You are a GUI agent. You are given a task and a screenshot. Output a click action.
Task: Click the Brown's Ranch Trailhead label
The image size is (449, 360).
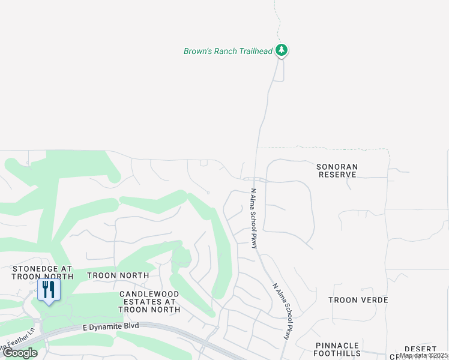point(228,51)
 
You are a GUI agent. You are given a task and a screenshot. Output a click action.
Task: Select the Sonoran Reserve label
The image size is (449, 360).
point(337,170)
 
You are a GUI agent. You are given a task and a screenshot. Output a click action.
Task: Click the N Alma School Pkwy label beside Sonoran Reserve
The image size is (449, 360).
point(254,218)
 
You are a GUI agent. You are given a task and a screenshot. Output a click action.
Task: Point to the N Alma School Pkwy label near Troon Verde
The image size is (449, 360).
point(281,311)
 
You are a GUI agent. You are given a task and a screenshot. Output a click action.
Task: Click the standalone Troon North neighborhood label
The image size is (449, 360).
point(118,275)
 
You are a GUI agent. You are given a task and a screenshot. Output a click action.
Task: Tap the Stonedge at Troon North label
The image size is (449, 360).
point(42,273)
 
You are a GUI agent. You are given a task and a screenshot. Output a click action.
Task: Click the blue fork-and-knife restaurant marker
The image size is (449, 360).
point(49,290)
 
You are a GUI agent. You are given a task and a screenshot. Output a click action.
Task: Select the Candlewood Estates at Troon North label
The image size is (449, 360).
point(149,301)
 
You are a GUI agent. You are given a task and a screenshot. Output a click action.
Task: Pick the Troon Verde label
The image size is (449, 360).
point(358,300)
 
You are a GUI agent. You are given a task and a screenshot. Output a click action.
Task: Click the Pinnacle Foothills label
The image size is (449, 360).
point(337,350)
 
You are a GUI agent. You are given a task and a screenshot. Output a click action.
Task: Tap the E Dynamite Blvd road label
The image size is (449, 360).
point(110,326)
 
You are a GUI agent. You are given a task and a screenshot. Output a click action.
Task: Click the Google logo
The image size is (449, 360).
point(20,353)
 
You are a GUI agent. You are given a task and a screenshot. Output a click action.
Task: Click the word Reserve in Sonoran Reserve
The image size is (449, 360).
point(337,175)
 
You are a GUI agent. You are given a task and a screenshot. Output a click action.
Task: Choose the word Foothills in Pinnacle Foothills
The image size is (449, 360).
point(337,354)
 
